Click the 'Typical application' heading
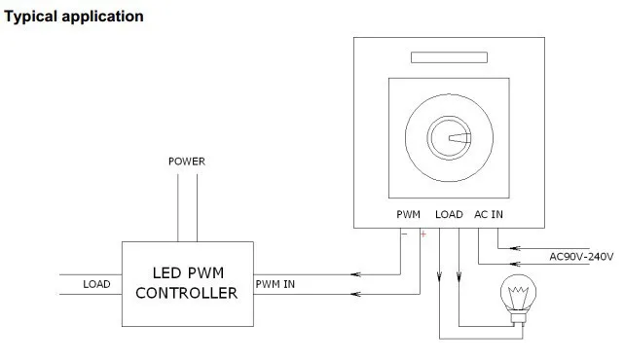pos(74,18)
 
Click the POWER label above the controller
pos(187,162)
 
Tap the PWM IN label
pos(275,284)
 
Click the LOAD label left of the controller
pos(96,284)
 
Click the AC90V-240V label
pos(581,257)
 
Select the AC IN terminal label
pos(489,214)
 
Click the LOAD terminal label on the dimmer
pos(449,214)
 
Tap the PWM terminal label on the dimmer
pos(408,214)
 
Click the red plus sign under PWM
pos(423,234)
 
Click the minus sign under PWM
pos(405,234)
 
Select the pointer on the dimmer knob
pos(460,138)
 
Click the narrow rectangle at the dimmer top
pos(449,57)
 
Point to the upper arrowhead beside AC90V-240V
pos(515,249)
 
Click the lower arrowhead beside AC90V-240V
pos(515,264)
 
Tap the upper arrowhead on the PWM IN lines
pos(355,274)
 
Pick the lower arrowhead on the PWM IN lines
pos(355,295)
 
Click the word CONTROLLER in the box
pos(187,293)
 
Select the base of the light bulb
pos(518,317)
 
